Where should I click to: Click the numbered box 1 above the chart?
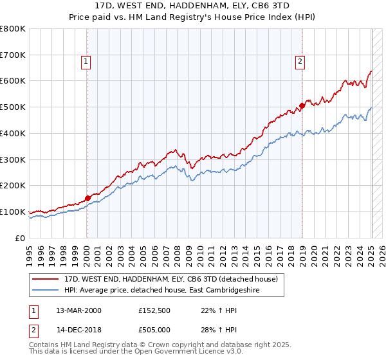pyautogui.click(x=86, y=62)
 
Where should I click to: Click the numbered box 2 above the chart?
pyautogui.click(x=300, y=62)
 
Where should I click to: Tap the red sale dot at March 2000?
pyautogui.click(x=87, y=198)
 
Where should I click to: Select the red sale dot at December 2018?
pyautogui.click(x=302, y=106)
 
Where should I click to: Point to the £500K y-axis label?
pyautogui.click(x=13, y=107)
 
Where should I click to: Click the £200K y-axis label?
pyautogui.click(x=13, y=185)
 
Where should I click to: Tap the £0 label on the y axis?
pyautogui.click(x=19, y=238)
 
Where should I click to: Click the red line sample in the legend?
pyautogui.click(x=46, y=279)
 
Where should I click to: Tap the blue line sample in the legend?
pyautogui.click(x=46, y=290)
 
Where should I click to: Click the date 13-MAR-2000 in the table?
pyautogui.click(x=78, y=310)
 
